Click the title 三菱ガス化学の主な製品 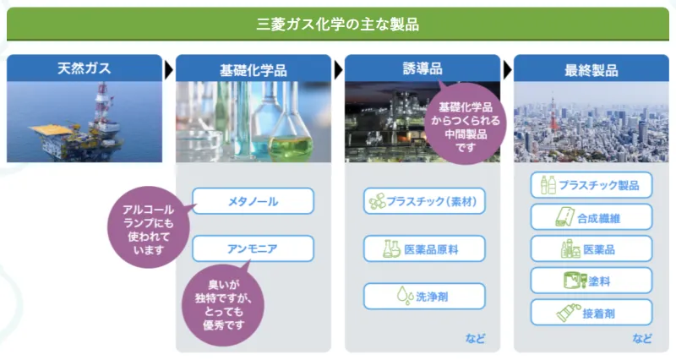337,25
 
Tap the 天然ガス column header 84,68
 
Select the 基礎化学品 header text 253,70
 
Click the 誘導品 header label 422,68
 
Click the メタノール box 253,201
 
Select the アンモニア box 253,248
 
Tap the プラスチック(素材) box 424,201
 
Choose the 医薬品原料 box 424,248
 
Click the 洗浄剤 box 424,296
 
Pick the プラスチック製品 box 591,185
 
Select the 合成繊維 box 591,217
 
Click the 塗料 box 591,281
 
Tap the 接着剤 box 591,313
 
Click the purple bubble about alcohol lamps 149,227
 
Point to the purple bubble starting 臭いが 223,305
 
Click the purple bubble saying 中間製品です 466,123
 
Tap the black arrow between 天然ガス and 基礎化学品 168,70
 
